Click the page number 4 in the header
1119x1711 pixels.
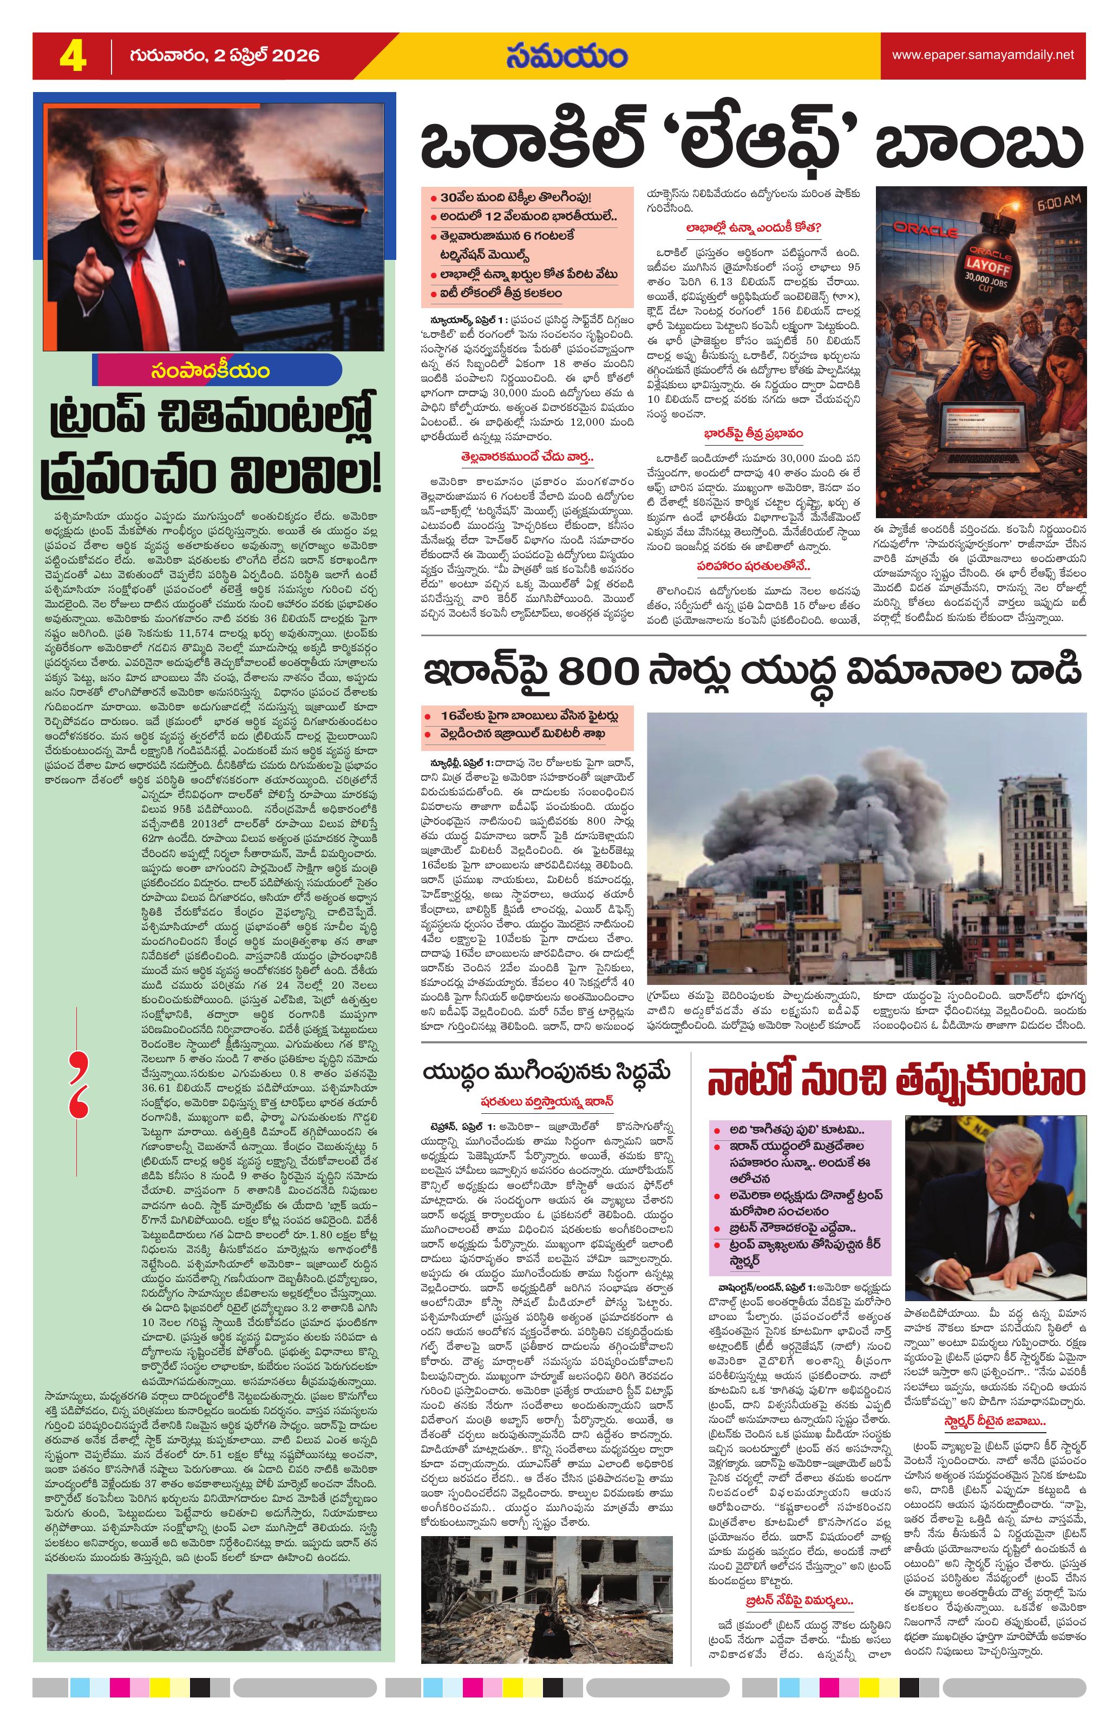(x=72, y=56)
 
